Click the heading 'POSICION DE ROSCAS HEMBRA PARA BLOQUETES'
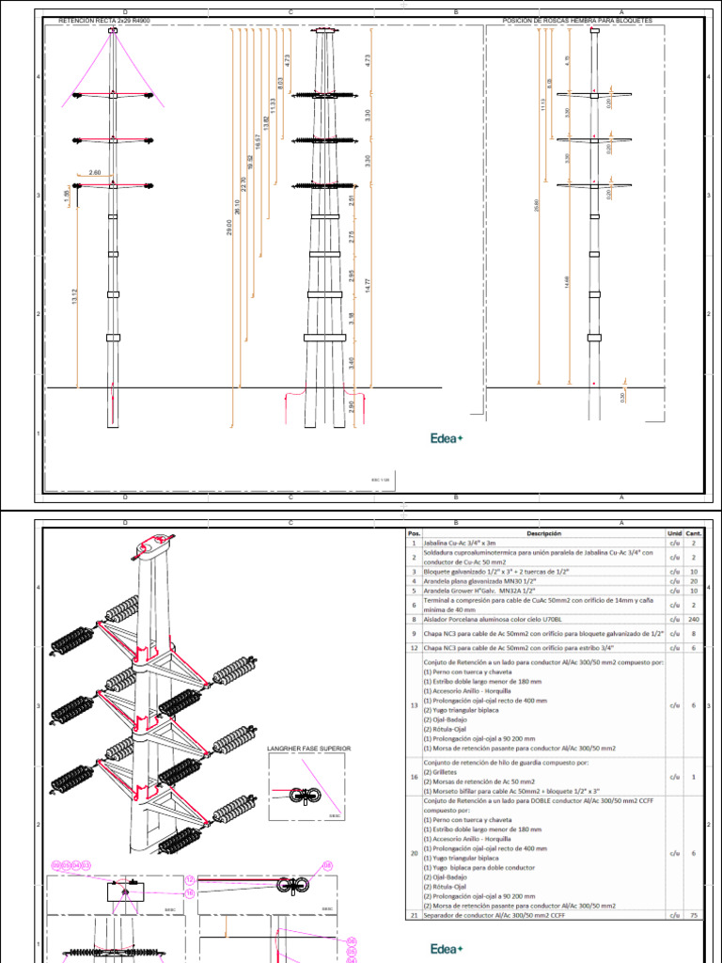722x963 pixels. coord(577,20)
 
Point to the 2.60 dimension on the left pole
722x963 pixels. coord(95,173)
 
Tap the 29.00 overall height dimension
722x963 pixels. coord(228,226)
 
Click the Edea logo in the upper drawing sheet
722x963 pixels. coord(446,437)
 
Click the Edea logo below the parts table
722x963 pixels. coord(446,949)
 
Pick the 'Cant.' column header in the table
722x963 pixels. coord(693,531)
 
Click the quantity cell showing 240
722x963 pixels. coord(693,619)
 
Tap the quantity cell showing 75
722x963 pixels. coord(693,915)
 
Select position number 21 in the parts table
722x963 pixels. coord(414,915)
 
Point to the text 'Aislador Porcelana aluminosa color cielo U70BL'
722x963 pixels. coord(484,619)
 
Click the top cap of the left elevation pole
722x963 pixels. coord(113,31)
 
